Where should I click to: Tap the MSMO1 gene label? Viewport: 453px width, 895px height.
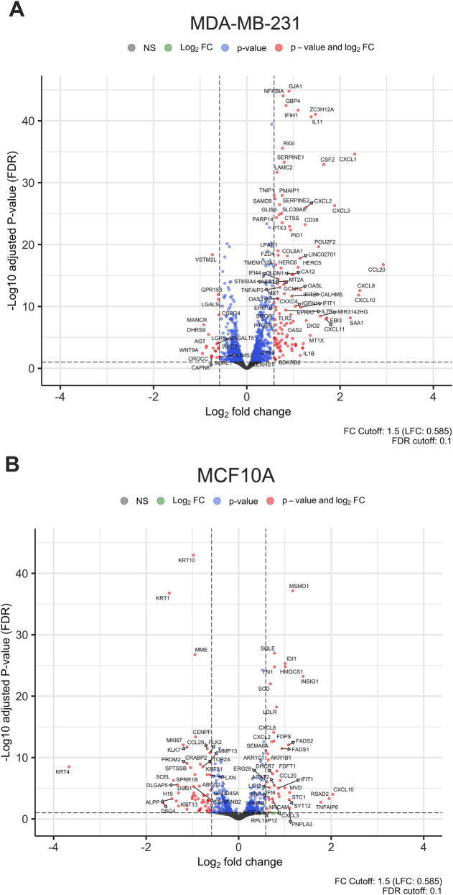pos(299,587)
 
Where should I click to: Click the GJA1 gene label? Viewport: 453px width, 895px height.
pos(295,86)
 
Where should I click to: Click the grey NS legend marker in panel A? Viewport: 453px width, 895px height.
pos(130,47)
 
